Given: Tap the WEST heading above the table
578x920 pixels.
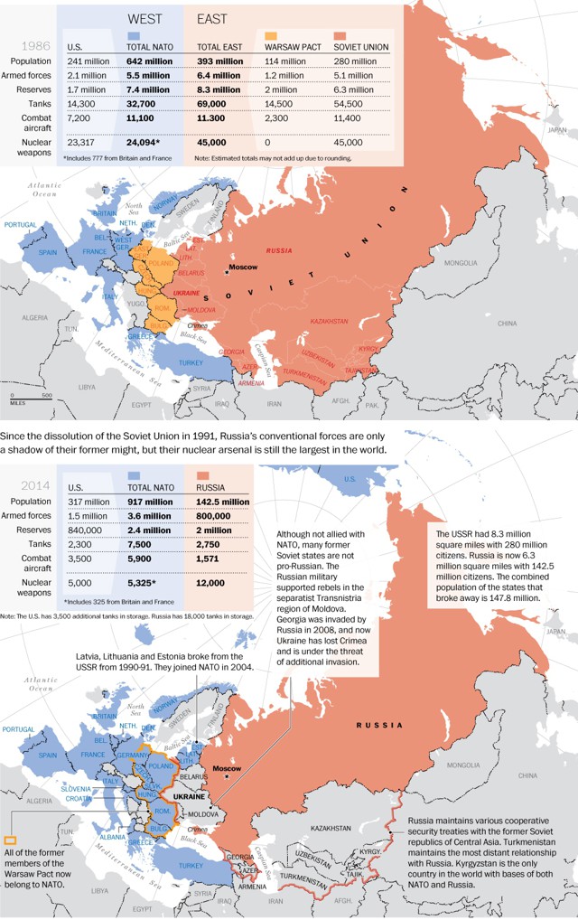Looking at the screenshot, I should click(x=145, y=18).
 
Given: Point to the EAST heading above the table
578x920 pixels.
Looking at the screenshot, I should click(x=211, y=18).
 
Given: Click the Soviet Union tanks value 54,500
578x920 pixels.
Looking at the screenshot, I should click(x=353, y=105).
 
